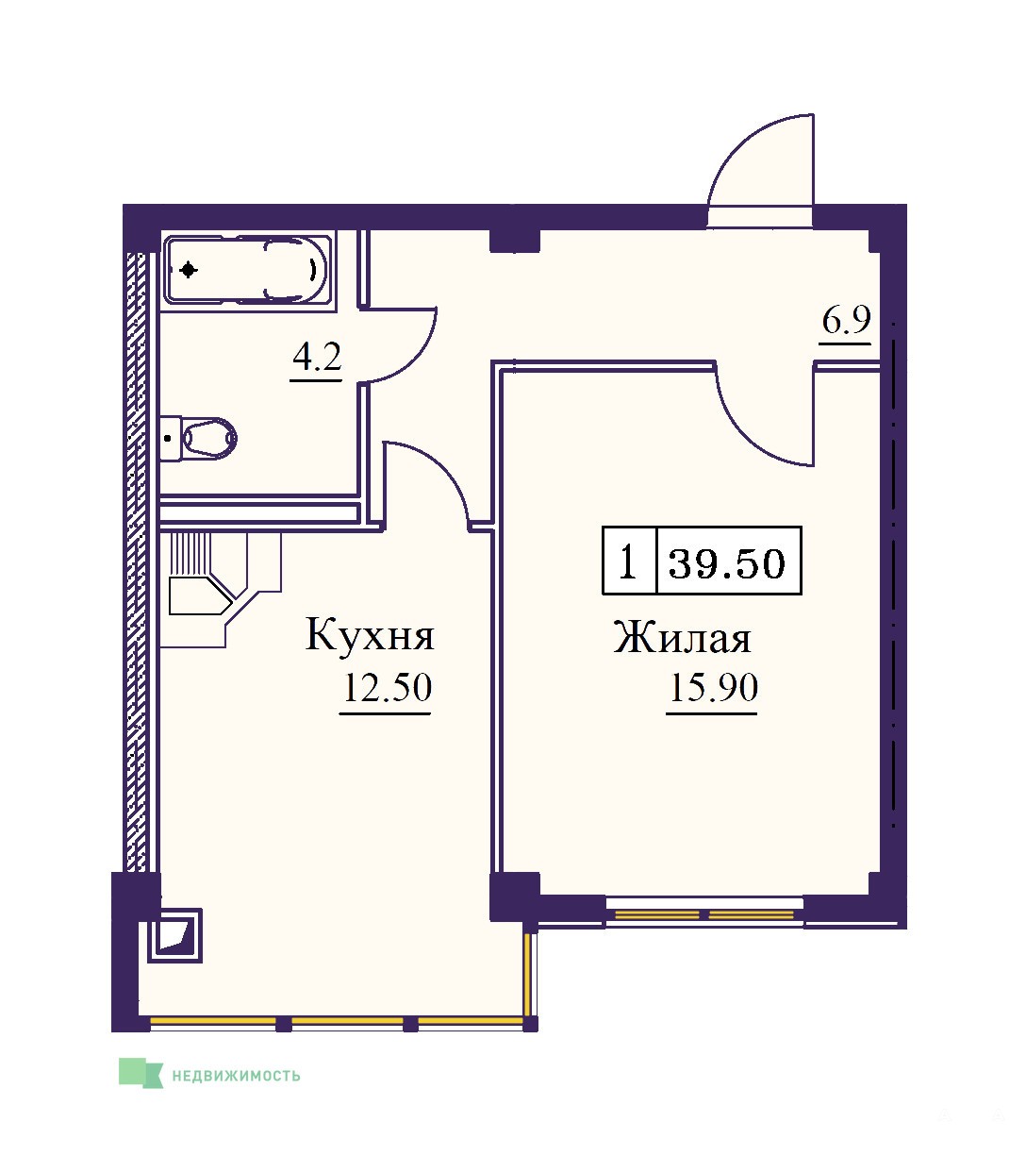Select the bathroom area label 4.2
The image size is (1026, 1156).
pyautogui.click(x=317, y=359)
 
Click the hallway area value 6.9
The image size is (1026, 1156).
pyautogui.click(x=846, y=321)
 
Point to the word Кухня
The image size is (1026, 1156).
pyautogui.click(x=370, y=635)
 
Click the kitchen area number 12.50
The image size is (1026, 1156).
pyautogui.click(x=388, y=688)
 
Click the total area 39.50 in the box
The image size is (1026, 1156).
pyautogui.click(x=727, y=563)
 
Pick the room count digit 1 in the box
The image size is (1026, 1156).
pyautogui.click(x=627, y=562)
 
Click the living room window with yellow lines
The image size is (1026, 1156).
pyautogui.click(x=704, y=914)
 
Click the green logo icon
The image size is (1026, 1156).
pyautogui.click(x=141, y=1073)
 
